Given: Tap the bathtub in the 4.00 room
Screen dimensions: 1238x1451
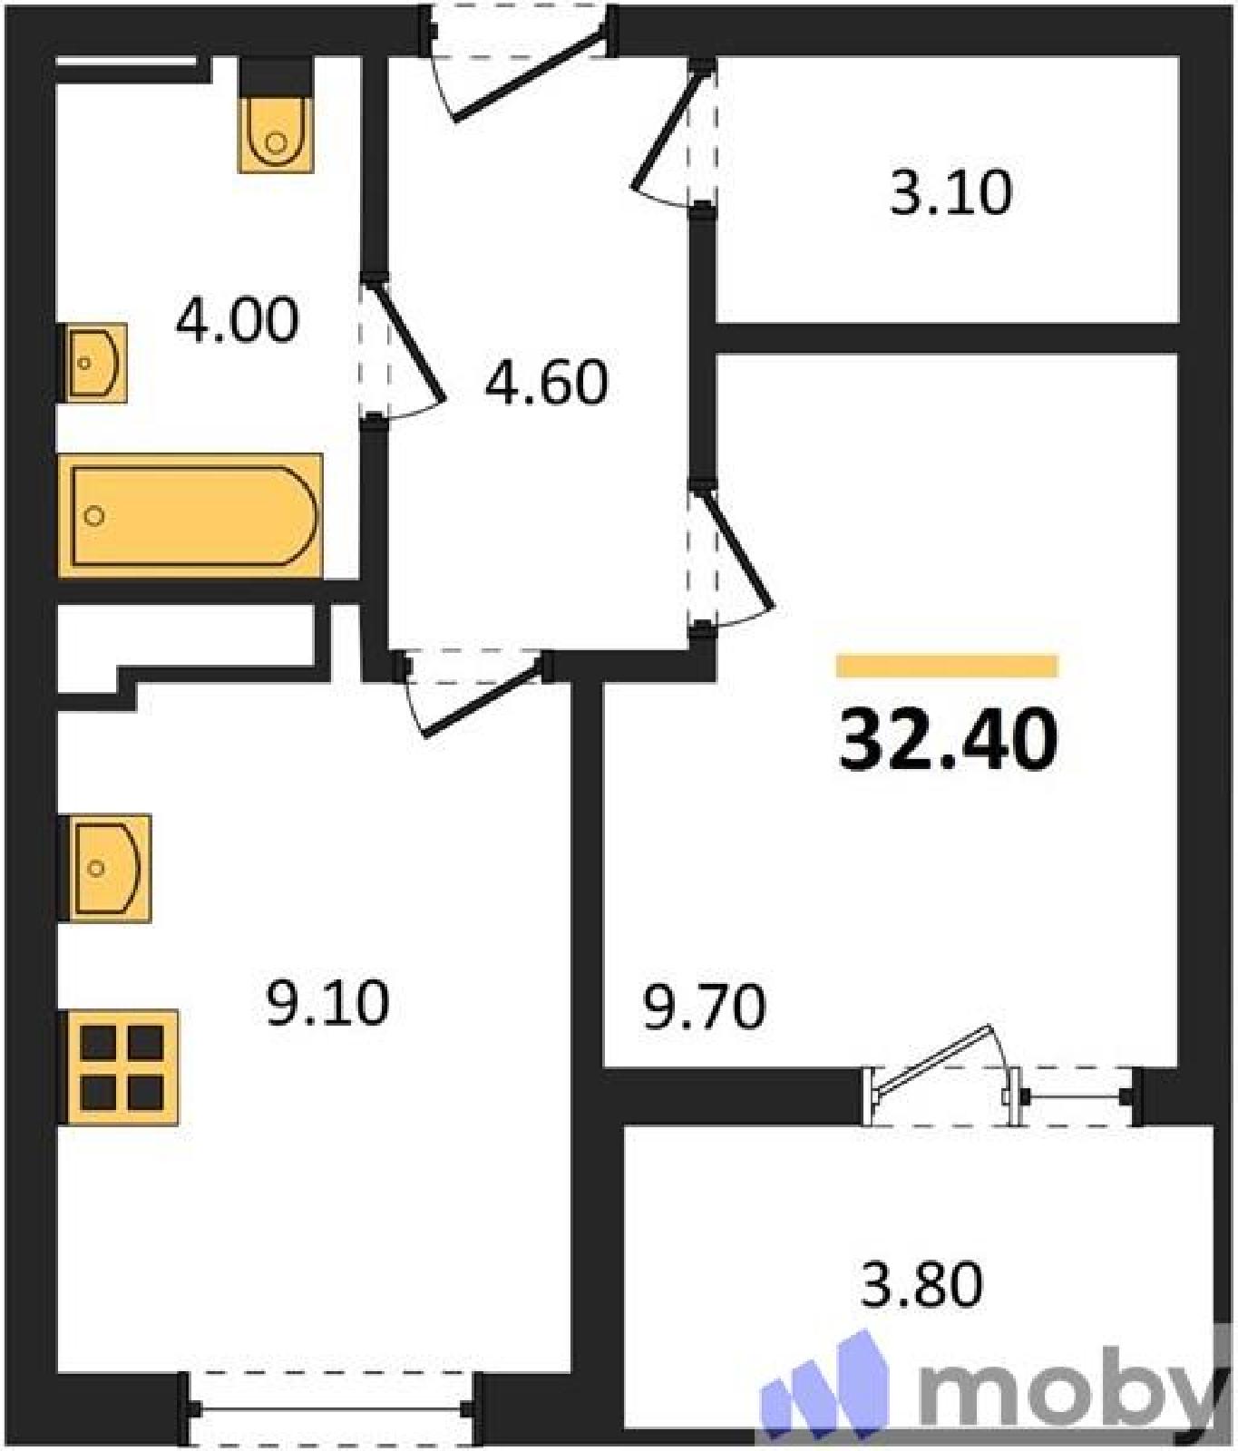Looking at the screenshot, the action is click(190, 516).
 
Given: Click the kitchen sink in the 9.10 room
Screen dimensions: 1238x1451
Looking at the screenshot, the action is click(103, 868).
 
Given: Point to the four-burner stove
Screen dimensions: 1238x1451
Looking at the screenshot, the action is click(118, 1067).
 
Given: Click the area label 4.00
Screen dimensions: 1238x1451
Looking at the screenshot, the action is click(237, 320).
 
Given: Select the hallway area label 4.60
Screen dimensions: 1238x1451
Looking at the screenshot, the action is click(546, 382).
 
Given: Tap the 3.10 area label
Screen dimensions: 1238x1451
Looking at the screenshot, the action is click(950, 192).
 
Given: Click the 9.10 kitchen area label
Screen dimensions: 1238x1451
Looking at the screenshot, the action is click(327, 1003).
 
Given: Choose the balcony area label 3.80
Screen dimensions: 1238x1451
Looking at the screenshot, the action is click(921, 1285).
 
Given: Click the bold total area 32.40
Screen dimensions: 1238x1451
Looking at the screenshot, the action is click(949, 739).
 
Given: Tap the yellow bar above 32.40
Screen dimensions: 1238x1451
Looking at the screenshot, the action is click(947, 667).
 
